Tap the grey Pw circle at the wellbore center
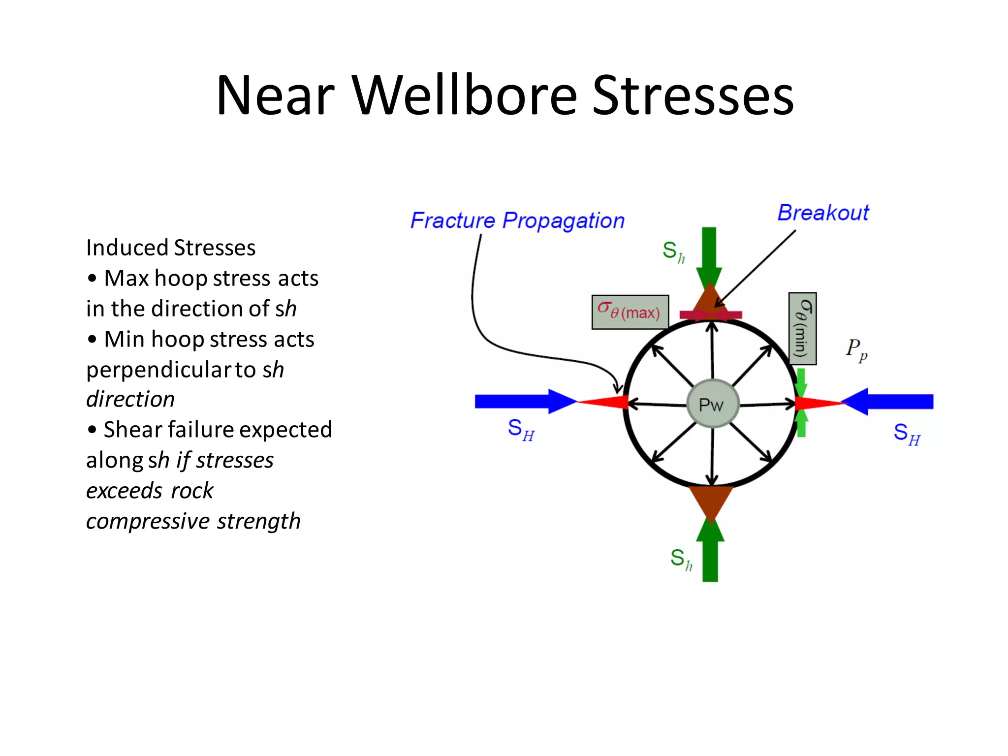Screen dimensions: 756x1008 (712, 404)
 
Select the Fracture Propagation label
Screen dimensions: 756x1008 (517, 220)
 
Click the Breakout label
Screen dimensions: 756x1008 (823, 213)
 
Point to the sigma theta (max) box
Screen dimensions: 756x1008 (630, 312)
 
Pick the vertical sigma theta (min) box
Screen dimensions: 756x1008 (802, 328)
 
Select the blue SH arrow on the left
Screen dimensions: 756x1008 (522, 402)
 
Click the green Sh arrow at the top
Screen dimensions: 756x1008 (709, 253)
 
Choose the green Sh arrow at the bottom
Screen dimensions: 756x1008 (710, 554)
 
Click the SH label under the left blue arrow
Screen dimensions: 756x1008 (521, 430)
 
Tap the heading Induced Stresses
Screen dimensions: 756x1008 (171, 248)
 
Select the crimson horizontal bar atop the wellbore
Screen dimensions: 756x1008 (711, 315)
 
